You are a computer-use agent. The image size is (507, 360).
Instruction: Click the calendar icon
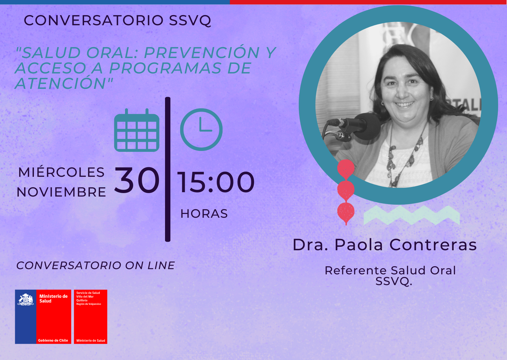[137, 130]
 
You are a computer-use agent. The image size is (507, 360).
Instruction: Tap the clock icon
[201, 129]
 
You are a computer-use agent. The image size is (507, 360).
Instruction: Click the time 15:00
[216, 182]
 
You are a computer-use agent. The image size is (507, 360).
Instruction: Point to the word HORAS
[204, 214]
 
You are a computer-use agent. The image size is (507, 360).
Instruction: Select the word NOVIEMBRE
[61, 192]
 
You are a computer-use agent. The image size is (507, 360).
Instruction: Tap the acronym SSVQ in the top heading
[190, 21]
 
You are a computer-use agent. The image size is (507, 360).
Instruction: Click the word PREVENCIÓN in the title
[202, 53]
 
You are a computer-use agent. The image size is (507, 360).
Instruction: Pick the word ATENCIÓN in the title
[61, 83]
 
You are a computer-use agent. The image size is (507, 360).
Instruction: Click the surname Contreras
[433, 245]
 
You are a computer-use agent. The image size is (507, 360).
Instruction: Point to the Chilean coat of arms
[26, 299]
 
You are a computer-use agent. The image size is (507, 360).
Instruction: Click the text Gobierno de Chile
[53, 340]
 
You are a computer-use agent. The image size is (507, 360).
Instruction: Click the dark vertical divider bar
[168, 169]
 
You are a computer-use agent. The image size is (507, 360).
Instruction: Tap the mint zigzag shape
[412, 215]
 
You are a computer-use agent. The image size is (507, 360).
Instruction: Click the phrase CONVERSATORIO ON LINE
[96, 265]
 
